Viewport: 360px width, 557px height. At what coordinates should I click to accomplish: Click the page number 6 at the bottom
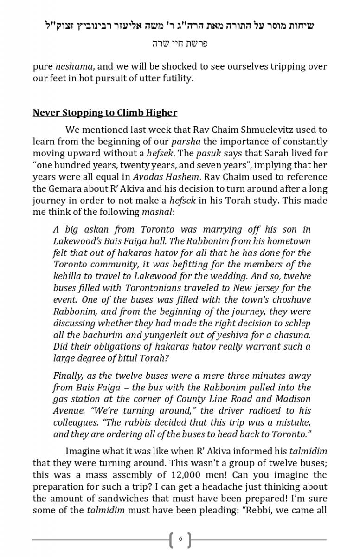click(180, 540)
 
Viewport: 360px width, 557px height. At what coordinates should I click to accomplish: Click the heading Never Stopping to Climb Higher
click(105, 113)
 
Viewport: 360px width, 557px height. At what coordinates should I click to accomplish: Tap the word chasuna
click(293, 335)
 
